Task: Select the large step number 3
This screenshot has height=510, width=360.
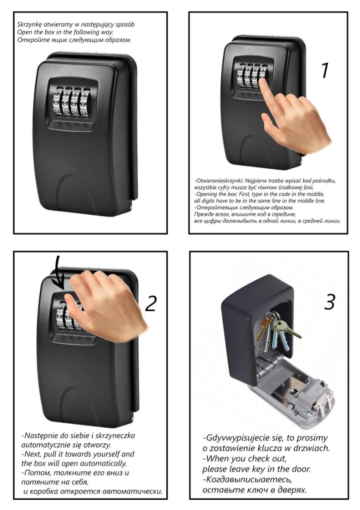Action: pyautogui.click(x=329, y=302)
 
